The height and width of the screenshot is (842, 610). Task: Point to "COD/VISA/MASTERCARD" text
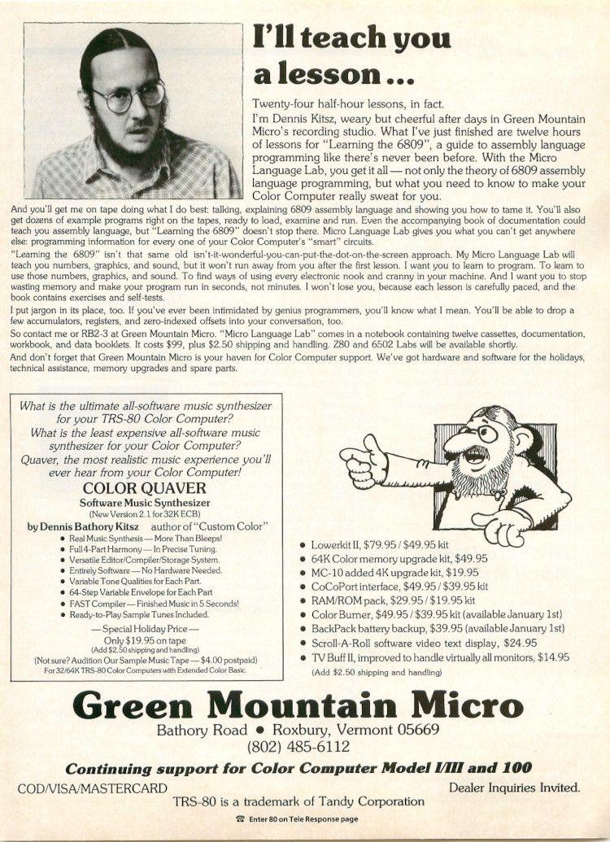(x=92, y=787)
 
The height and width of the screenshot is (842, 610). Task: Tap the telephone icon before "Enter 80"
(x=238, y=818)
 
